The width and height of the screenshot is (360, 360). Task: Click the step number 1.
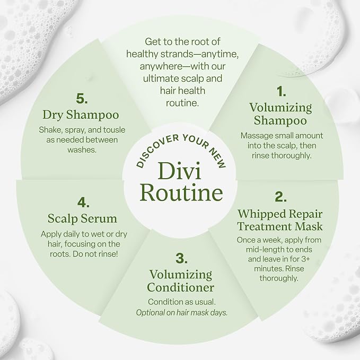(x=281, y=91)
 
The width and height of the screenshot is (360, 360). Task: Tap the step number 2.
(x=280, y=197)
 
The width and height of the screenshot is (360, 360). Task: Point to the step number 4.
(x=83, y=203)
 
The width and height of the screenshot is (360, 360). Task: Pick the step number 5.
(x=82, y=99)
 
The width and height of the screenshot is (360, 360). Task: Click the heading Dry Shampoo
(x=81, y=115)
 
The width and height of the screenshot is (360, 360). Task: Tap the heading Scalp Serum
(x=82, y=218)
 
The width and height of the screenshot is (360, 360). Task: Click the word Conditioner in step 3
(x=181, y=287)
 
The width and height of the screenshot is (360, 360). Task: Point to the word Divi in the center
(x=179, y=171)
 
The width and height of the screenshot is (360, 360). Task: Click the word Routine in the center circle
(x=181, y=192)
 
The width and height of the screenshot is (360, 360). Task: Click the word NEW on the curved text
(x=218, y=158)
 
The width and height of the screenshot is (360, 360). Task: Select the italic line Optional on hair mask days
(x=182, y=312)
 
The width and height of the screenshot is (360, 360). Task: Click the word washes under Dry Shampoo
(x=82, y=150)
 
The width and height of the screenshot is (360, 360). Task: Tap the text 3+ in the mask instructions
(x=305, y=259)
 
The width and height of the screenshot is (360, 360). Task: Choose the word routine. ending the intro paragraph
(x=182, y=103)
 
